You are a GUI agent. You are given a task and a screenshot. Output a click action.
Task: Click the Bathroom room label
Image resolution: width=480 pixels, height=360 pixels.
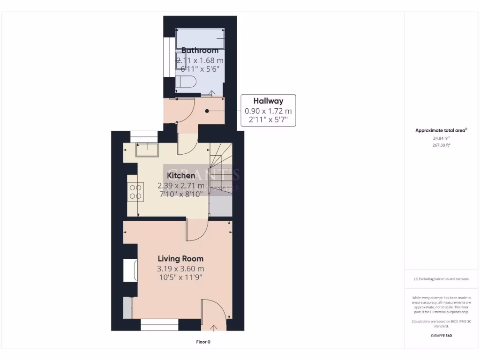click(x=200, y=50)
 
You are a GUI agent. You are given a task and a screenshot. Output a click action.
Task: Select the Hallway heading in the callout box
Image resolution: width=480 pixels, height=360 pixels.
click(x=268, y=101)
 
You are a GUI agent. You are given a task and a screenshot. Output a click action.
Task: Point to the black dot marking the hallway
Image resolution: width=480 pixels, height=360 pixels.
click(x=207, y=111)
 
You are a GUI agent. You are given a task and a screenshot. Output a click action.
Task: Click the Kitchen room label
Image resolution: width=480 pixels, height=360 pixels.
click(x=181, y=175)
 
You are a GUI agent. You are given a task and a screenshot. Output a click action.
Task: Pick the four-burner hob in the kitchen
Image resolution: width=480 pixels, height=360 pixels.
click(x=135, y=191)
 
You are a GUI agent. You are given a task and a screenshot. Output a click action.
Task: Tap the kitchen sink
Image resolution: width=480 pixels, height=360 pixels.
click(x=147, y=150)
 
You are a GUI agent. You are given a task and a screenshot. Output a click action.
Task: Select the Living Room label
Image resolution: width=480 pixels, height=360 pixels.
click(x=180, y=258)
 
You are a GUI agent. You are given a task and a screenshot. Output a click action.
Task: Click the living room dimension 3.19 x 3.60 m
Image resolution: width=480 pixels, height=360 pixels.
click(x=180, y=269)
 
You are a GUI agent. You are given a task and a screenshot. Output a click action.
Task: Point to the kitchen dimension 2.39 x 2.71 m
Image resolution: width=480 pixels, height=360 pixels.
click(x=181, y=185)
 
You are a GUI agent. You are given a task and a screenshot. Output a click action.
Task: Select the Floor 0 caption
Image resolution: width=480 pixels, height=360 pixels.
click(x=203, y=342)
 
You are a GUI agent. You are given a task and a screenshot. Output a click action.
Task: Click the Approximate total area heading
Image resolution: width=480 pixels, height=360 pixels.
click(x=441, y=131)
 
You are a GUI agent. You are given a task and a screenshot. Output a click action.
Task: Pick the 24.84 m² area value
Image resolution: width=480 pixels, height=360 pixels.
click(x=441, y=138)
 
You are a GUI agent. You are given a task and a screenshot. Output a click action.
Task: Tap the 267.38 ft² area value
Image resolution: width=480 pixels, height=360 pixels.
click(x=441, y=145)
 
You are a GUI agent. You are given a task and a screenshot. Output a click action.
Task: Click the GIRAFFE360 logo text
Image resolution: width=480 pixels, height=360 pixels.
click(x=441, y=336)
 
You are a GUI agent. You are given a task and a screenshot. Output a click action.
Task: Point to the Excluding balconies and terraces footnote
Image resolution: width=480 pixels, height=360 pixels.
click(x=441, y=279)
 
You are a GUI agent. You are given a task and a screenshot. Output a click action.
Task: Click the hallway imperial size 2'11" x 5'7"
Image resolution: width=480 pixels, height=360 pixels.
click(x=268, y=120)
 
